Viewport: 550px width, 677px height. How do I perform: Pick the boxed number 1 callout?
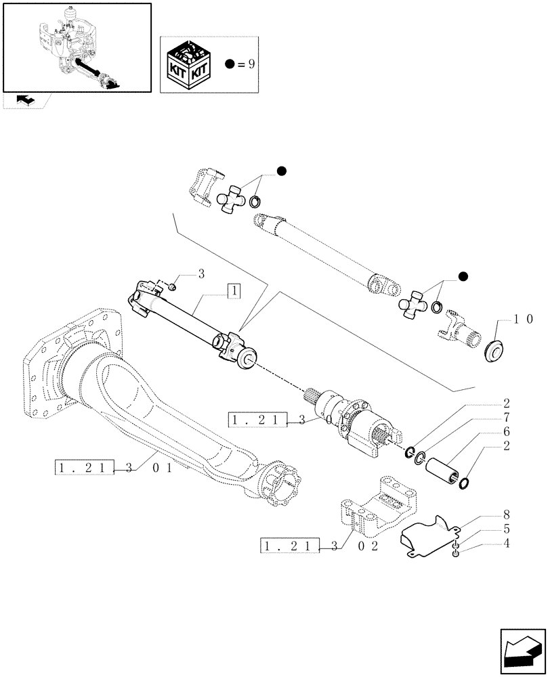coord(232,292)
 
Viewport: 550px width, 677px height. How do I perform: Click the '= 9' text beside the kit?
coord(245,64)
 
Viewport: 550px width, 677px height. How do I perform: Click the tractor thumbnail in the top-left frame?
coord(76,47)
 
